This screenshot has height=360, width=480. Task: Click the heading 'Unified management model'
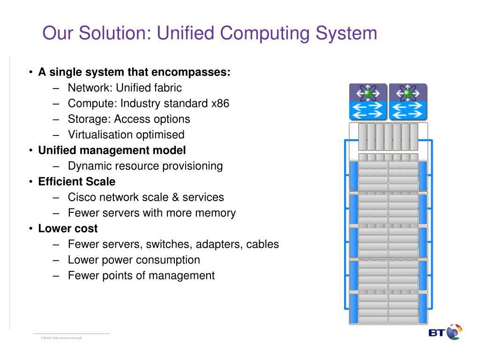pos(112,150)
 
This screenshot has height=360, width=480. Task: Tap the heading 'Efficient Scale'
pos(77,181)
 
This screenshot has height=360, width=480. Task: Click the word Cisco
pos(81,197)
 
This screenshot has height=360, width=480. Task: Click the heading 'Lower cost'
pos(68,228)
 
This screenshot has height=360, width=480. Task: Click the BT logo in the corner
pos(445,332)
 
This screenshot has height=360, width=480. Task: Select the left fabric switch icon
pos(368,102)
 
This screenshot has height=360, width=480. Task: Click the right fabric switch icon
pos(408,102)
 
